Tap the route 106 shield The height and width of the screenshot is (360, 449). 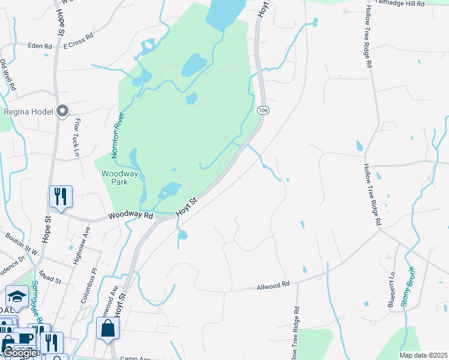pos(262,110)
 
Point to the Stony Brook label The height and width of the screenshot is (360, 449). pos(407,287)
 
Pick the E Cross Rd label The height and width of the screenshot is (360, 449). pos(79,39)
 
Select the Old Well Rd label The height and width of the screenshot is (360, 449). pos(8,74)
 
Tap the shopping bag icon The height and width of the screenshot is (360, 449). pos(108,328)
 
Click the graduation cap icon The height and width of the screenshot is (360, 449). pos(17,296)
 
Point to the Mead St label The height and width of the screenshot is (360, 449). pos(49,279)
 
